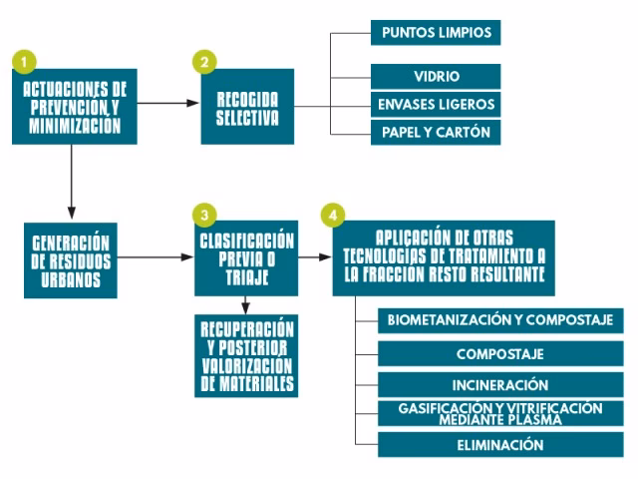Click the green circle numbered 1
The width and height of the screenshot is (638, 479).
tap(22, 61)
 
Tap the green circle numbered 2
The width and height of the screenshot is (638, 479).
tap(203, 61)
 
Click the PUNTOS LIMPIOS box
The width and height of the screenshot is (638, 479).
tap(436, 32)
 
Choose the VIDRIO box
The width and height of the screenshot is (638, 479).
tap(436, 77)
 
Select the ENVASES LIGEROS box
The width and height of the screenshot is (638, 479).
tap(436, 104)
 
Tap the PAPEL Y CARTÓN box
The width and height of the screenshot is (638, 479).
tap(436, 132)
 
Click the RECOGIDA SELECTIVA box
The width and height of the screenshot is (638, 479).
tap(247, 107)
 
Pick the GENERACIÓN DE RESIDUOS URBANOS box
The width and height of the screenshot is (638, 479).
tap(71, 259)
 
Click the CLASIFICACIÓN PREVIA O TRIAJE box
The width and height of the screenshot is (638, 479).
tap(246, 257)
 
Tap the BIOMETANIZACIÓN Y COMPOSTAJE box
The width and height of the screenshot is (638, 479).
tap(500, 320)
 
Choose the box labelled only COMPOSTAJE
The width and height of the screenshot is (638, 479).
tap(500, 353)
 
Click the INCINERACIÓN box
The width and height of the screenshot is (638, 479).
tap(500, 384)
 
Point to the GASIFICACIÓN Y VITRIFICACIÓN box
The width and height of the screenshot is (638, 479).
tap(500, 414)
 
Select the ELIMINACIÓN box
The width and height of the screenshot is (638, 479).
tap(500, 445)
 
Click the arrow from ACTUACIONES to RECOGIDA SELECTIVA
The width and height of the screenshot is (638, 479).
tap(169, 102)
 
